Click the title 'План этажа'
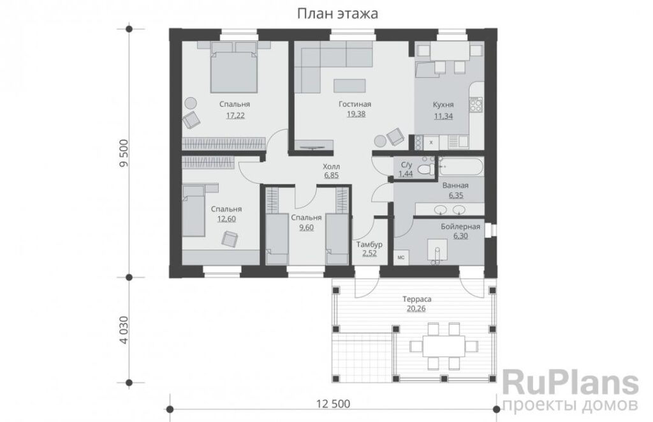point(338,14)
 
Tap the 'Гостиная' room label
point(355,104)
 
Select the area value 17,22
point(235,116)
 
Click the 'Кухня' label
point(443,105)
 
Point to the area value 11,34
point(443,116)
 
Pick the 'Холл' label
point(332,167)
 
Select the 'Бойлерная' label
point(460,227)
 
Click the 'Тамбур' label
point(369,245)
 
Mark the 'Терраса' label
point(417,299)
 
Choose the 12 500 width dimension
point(333,403)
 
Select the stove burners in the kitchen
point(476,105)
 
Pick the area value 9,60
point(306,228)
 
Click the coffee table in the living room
point(349,86)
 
